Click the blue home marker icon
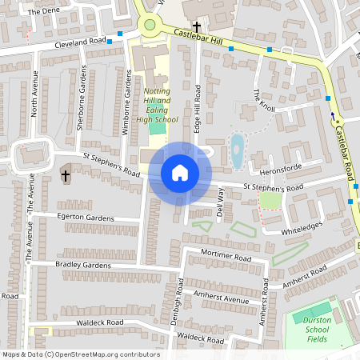(x=180, y=173)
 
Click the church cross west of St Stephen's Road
(x=64, y=174)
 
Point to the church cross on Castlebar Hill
(x=196, y=26)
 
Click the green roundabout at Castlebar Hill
(x=149, y=24)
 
